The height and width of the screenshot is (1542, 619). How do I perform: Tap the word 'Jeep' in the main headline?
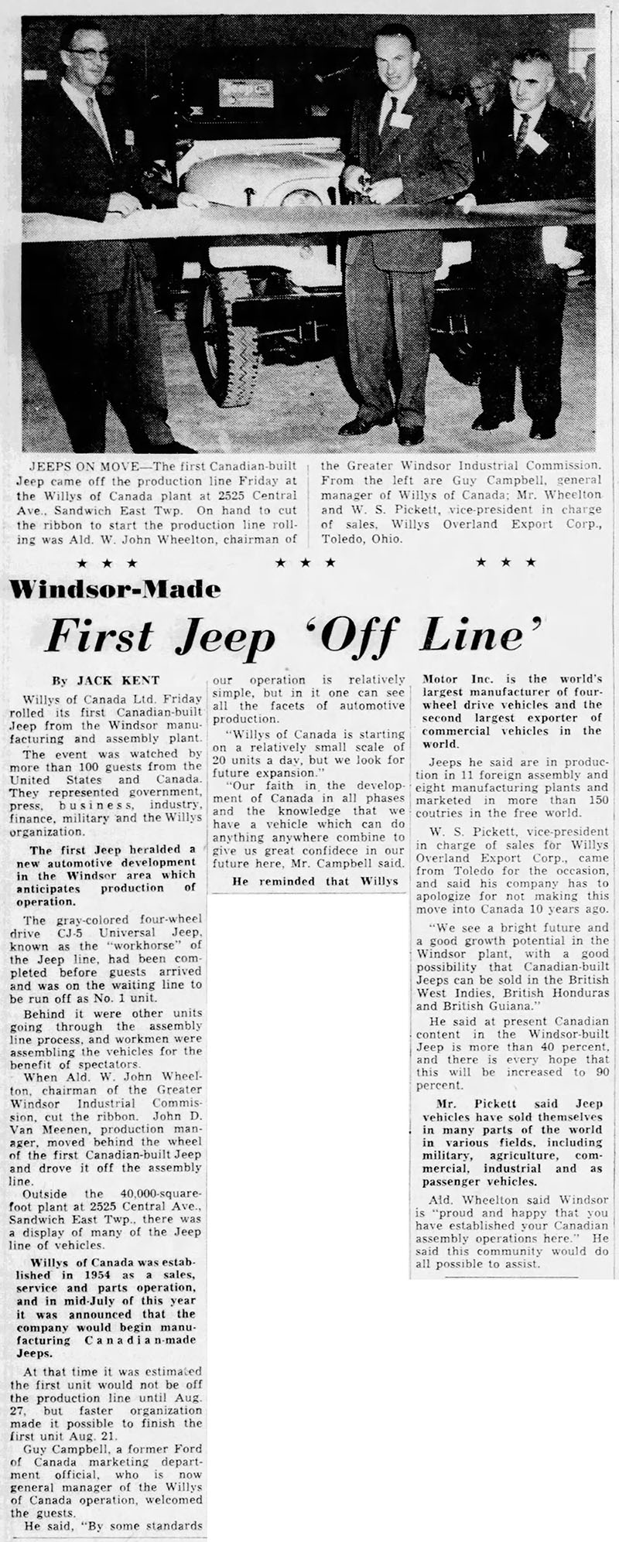(x=232, y=637)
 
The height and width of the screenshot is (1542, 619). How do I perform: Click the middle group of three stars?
(x=308, y=561)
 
